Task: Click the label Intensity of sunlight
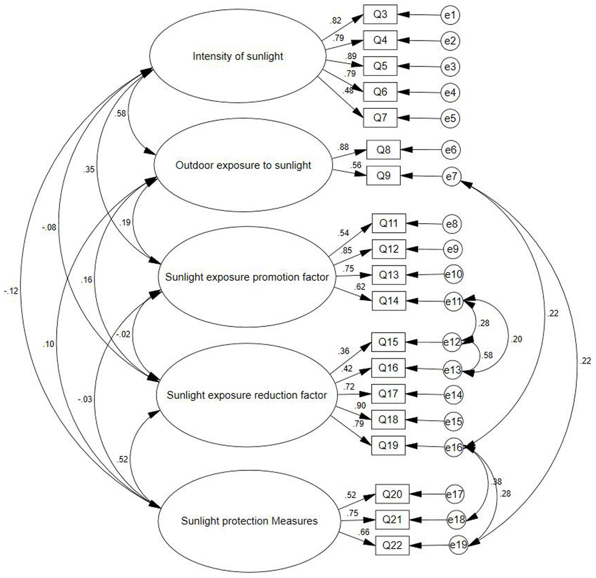tap(238, 56)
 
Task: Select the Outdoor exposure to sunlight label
tap(243, 165)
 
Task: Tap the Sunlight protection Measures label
tap(249, 521)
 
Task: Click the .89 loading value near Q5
tap(351, 56)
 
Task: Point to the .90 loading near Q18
tap(360, 406)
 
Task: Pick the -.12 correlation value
tap(11, 291)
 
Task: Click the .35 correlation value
tap(88, 169)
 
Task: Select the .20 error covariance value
tap(516, 339)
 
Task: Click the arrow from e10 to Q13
tap(425, 275)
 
